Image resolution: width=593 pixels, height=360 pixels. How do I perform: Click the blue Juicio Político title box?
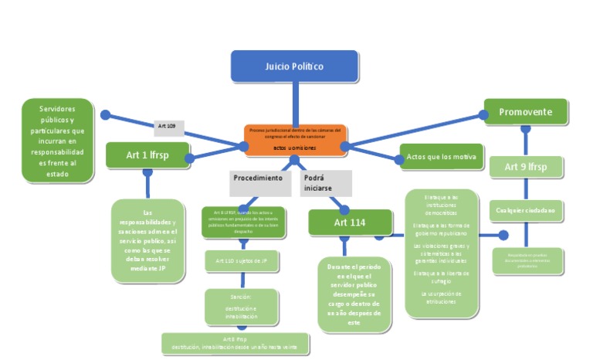[x=294, y=66]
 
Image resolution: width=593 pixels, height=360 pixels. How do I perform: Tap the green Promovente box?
[x=525, y=112]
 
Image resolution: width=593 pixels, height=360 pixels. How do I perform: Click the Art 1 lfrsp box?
[x=147, y=155]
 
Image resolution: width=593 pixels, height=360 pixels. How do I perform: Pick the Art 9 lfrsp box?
[x=525, y=166]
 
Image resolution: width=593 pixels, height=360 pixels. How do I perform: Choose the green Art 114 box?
[x=350, y=222]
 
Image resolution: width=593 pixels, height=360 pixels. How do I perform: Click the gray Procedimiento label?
[x=258, y=178]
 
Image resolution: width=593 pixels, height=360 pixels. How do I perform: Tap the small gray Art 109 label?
[x=167, y=125]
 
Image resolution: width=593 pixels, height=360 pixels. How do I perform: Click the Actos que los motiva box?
[x=441, y=158]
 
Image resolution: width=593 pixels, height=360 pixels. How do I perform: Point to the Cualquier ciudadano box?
[x=525, y=209]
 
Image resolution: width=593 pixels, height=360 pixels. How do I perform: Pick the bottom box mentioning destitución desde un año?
[x=235, y=343]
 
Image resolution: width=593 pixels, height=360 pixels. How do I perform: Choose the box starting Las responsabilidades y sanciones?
[x=147, y=240]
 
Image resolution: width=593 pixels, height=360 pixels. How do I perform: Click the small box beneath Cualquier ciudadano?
[x=527, y=260]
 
